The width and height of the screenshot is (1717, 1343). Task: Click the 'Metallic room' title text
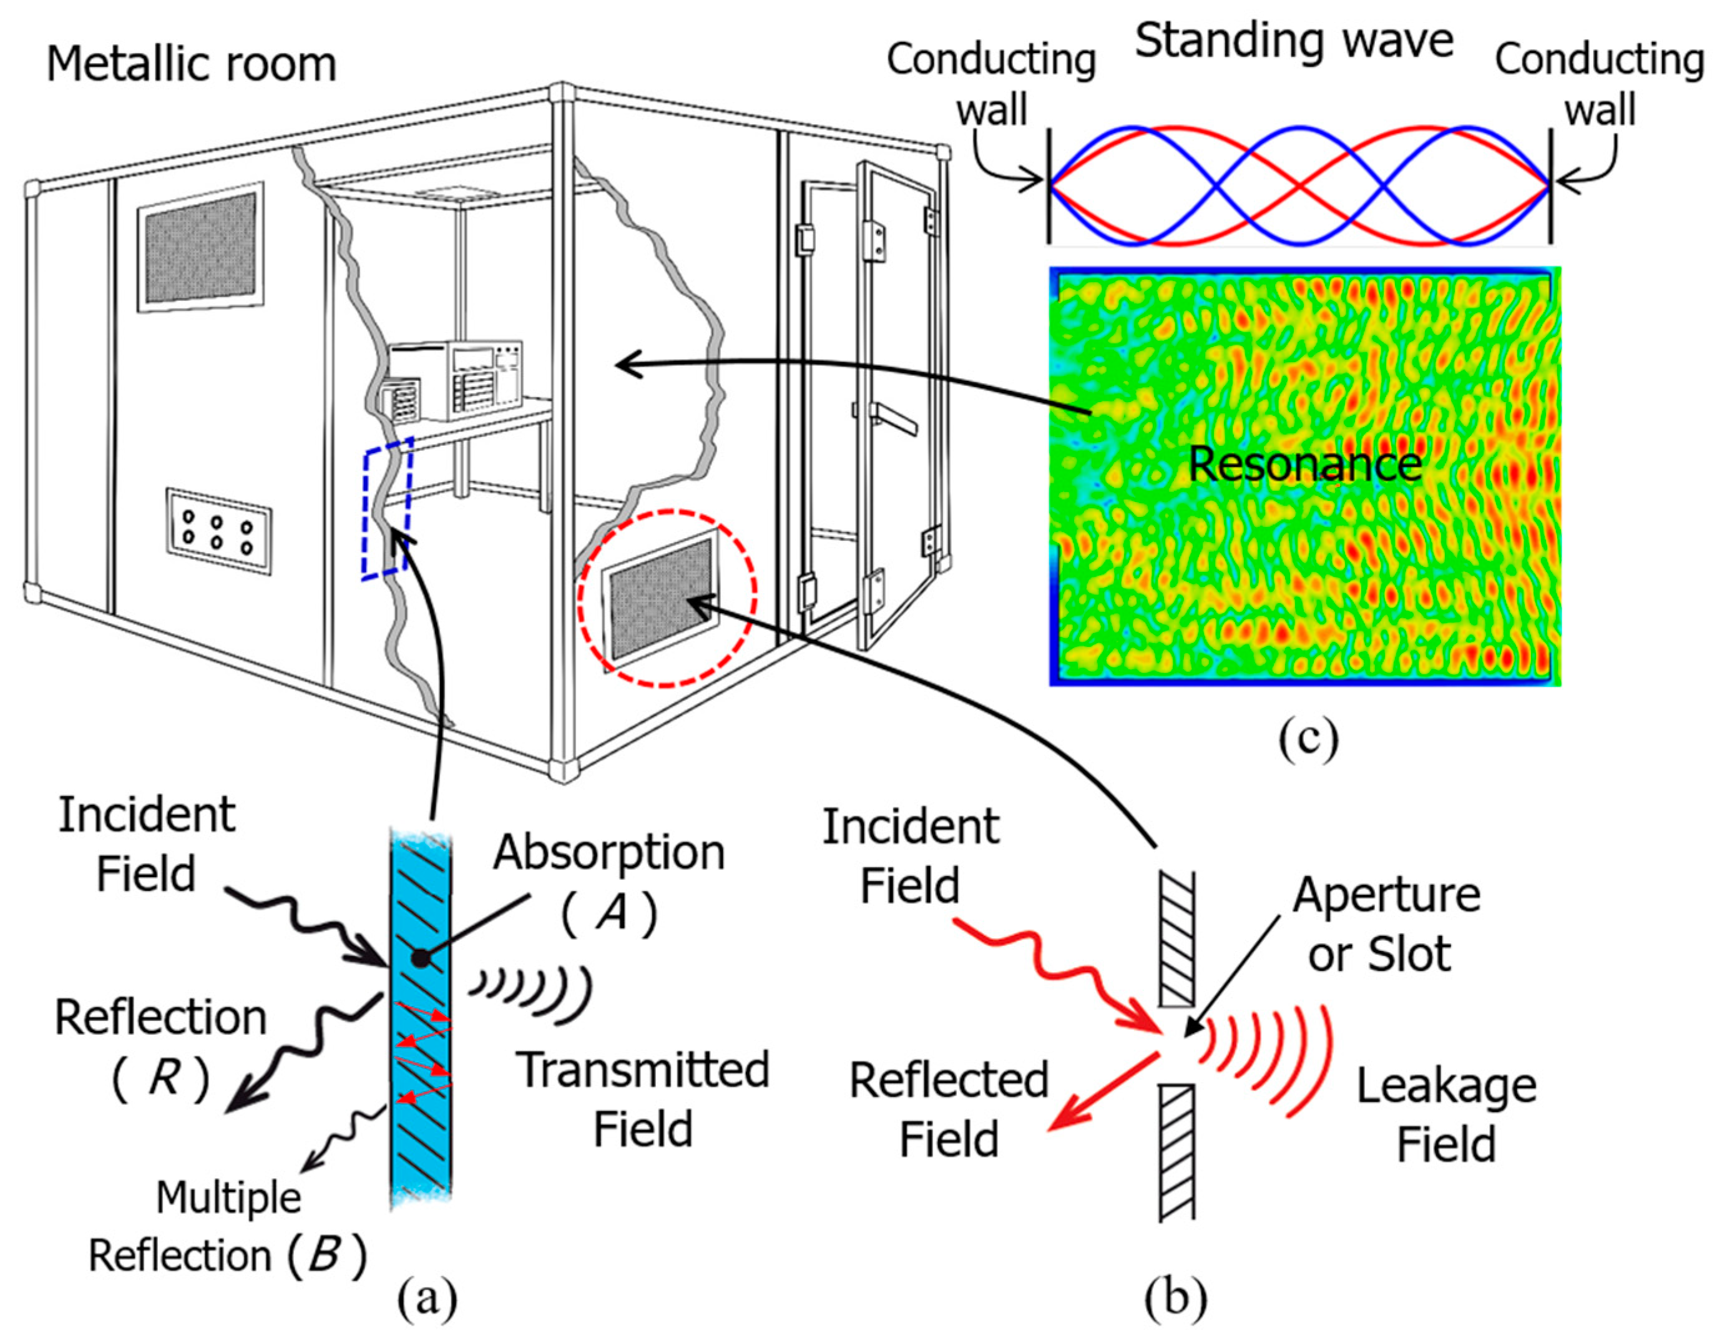pyautogui.click(x=191, y=64)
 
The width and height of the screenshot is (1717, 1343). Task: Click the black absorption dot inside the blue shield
pyautogui.click(x=421, y=958)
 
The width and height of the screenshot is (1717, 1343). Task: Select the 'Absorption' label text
pyautogui.click(x=609, y=852)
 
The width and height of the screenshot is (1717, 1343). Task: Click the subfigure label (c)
pyautogui.click(x=1308, y=739)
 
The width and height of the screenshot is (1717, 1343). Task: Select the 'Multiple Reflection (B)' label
pyautogui.click(x=228, y=1227)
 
